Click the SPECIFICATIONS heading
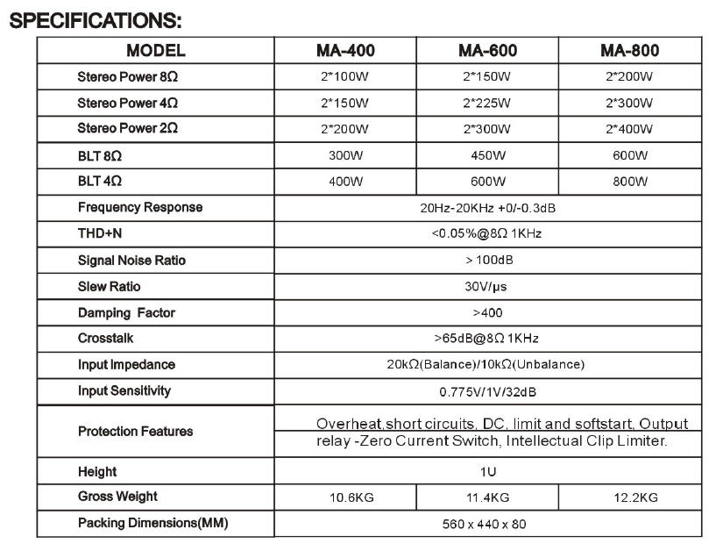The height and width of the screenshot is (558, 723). pyautogui.click(x=96, y=19)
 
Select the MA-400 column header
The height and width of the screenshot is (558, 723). pyautogui.click(x=344, y=50)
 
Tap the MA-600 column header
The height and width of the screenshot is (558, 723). pyautogui.click(x=487, y=50)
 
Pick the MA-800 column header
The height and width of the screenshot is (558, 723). pyautogui.click(x=629, y=50)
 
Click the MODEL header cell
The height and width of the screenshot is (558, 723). pyautogui.click(x=155, y=50)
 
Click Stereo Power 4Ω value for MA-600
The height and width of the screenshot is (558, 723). pyautogui.click(x=487, y=103)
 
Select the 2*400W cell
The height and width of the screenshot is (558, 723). pyautogui.click(x=629, y=129)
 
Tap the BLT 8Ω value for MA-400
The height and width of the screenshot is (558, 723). pyautogui.click(x=344, y=155)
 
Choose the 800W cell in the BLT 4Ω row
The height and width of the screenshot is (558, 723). pyautogui.click(x=629, y=182)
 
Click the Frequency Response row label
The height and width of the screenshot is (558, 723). pyautogui.click(x=139, y=208)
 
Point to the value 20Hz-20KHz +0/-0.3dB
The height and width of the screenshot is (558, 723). pyautogui.click(x=487, y=208)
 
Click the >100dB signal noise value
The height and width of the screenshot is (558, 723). pyautogui.click(x=487, y=261)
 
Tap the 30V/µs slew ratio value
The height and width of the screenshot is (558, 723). pyautogui.click(x=487, y=287)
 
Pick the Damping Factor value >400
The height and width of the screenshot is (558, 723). pyautogui.click(x=487, y=313)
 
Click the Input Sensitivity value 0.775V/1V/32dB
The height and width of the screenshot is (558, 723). pyautogui.click(x=487, y=391)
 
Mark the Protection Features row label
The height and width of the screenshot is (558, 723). pyautogui.click(x=135, y=432)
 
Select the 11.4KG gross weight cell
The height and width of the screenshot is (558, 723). pyautogui.click(x=487, y=497)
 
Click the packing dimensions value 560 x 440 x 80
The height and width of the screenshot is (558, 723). pyautogui.click(x=487, y=524)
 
